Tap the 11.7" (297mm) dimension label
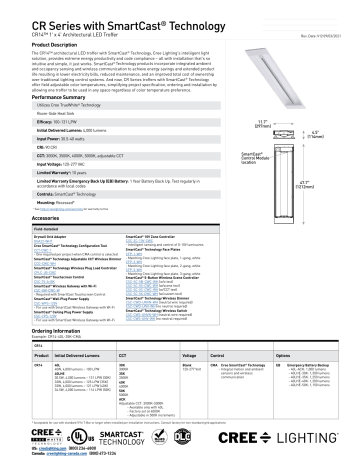tap(263, 150)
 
